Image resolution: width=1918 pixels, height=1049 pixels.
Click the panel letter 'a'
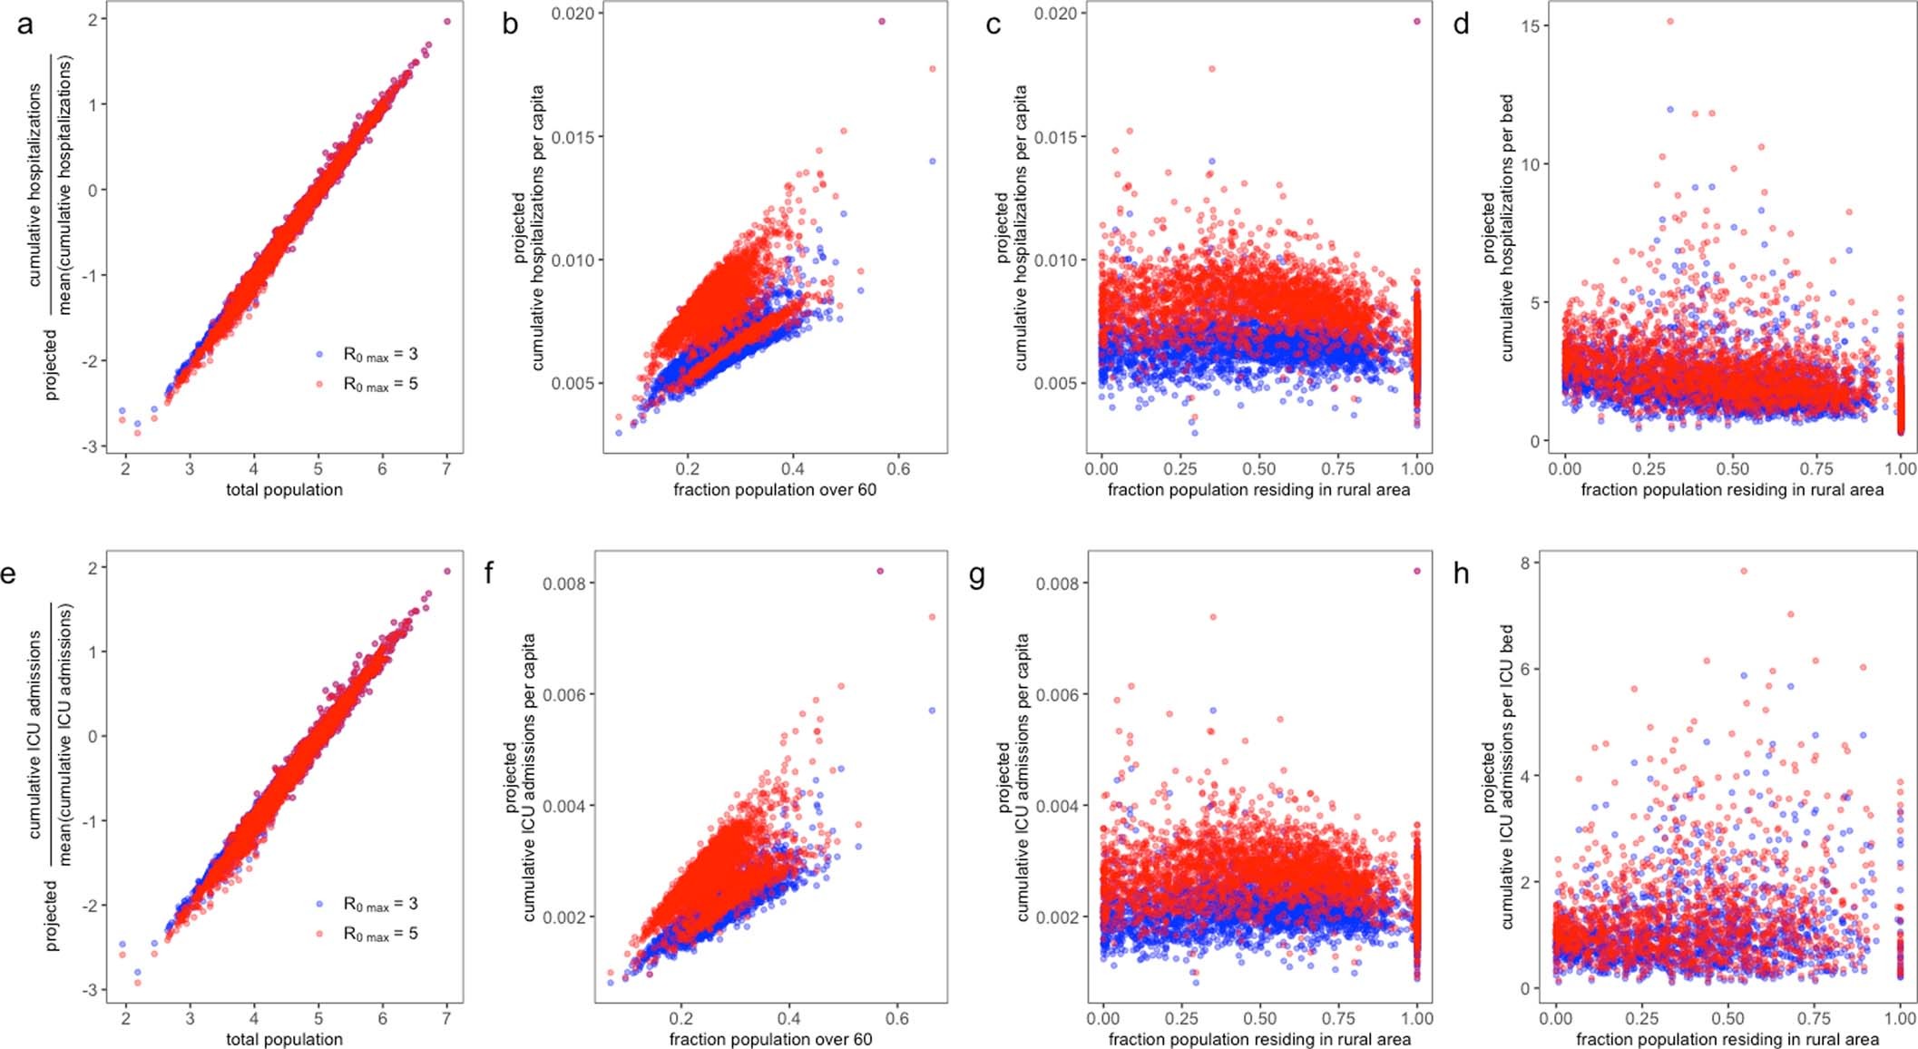click(x=24, y=25)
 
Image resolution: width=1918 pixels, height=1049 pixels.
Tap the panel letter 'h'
click(x=1461, y=574)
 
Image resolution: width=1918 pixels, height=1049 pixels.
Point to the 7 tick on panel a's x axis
click(x=446, y=468)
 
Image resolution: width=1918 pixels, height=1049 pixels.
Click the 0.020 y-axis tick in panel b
click(x=574, y=14)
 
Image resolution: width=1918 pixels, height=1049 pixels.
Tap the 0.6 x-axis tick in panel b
click(x=898, y=468)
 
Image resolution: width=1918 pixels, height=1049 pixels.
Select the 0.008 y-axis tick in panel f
click(x=565, y=583)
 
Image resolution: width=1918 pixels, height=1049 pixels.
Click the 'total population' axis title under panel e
click(x=284, y=1039)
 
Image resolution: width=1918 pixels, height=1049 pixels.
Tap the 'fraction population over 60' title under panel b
click(x=775, y=490)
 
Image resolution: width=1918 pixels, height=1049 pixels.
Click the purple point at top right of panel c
click(x=1417, y=21)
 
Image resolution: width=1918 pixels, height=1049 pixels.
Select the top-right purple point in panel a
click(x=446, y=21)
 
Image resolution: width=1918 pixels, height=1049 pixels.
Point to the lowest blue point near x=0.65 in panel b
click(x=932, y=162)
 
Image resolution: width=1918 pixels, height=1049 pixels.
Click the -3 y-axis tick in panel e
click(x=89, y=989)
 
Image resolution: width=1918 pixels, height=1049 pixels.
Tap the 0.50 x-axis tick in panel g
click(x=1260, y=1018)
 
